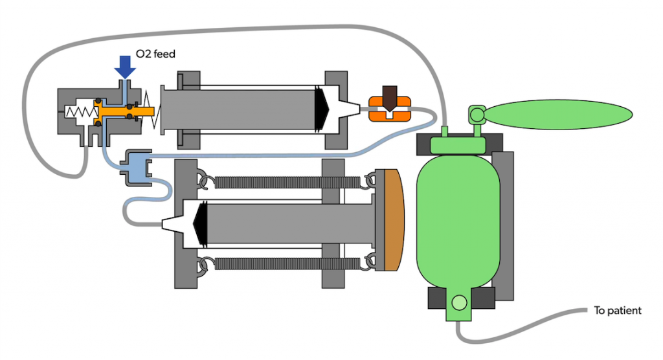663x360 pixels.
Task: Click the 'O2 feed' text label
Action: click(x=156, y=54)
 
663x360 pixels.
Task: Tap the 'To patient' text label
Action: click(x=617, y=311)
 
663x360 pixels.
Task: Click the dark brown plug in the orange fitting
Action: click(x=389, y=98)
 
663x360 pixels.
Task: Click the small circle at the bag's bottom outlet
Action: click(x=460, y=302)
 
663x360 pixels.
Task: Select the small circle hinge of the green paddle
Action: click(x=477, y=115)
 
